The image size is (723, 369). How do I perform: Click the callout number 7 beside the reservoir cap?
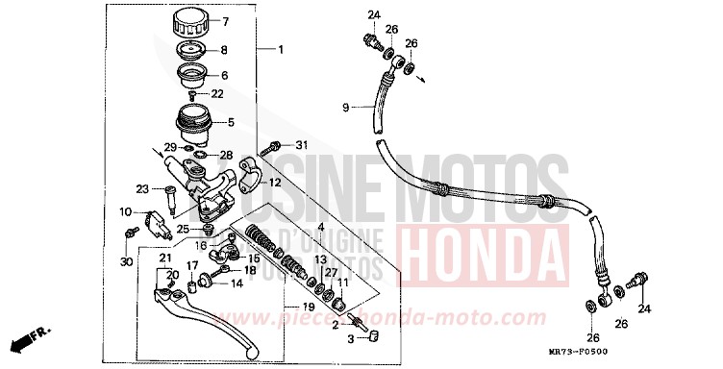click(226, 21)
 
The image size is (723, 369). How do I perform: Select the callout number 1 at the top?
click(281, 49)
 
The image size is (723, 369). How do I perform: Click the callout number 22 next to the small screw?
click(218, 92)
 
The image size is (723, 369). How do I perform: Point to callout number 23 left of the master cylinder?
click(141, 188)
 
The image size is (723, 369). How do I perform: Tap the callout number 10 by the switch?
click(125, 211)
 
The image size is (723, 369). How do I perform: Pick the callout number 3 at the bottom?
click(350, 339)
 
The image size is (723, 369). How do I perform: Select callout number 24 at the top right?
click(374, 13)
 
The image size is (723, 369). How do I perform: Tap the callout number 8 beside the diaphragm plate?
click(225, 50)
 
